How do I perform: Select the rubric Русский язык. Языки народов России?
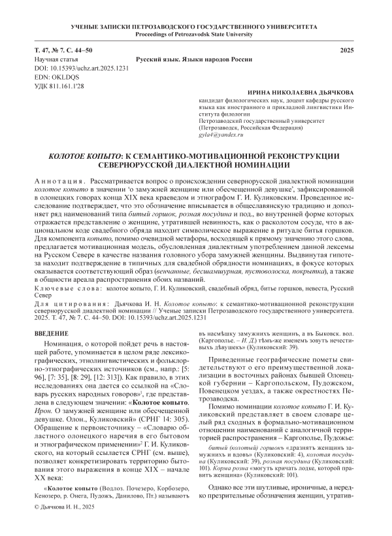point(196,59)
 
